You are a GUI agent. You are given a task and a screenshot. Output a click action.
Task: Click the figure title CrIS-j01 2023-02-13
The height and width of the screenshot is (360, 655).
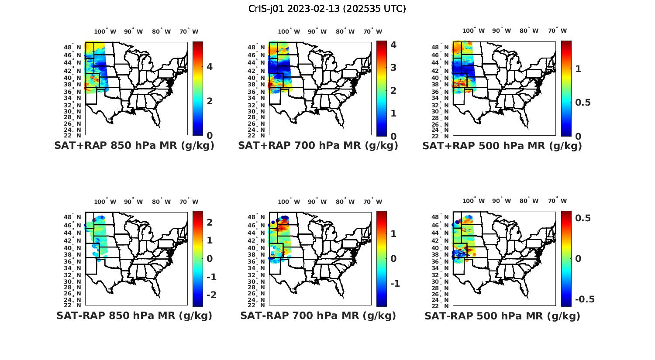(x=327, y=9)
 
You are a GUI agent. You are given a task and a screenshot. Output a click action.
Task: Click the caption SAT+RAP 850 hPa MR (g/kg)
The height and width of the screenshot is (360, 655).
(x=134, y=146)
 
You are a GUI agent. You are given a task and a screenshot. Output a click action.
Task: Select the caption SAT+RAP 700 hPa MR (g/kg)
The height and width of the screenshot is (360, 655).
(x=318, y=146)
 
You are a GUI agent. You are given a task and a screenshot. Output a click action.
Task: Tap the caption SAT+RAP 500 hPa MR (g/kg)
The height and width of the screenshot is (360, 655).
(x=502, y=146)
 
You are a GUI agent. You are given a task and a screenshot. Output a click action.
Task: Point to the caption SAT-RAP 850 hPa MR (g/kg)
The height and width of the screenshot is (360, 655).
(x=134, y=315)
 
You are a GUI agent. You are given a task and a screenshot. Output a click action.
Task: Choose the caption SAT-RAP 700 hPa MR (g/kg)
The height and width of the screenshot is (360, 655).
(x=318, y=315)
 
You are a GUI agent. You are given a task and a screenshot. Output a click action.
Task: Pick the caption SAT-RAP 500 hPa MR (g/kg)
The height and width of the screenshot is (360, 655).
(x=502, y=315)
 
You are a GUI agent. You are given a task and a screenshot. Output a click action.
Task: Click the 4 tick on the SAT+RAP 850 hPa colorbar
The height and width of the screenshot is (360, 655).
(x=210, y=67)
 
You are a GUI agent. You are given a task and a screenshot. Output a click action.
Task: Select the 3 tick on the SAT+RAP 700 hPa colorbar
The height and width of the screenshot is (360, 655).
(x=393, y=68)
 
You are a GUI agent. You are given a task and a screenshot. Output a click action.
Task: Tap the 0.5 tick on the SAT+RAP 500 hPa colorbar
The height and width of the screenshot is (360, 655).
(x=583, y=103)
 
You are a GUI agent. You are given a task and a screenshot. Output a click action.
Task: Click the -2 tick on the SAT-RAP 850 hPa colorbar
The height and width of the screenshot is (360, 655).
(x=211, y=295)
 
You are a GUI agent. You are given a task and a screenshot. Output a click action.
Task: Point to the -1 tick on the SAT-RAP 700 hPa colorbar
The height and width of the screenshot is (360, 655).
(x=395, y=284)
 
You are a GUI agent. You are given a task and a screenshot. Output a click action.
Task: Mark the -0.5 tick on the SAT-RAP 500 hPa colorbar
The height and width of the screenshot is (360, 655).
(x=585, y=299)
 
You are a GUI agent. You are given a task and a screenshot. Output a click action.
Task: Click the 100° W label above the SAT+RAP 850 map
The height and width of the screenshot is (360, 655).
(x=105, y=31)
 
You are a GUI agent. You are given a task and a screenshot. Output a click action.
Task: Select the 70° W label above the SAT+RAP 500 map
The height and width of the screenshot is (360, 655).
(x=558, y=31)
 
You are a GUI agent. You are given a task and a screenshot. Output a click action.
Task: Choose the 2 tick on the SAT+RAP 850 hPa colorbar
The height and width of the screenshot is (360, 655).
(x=210, y=101)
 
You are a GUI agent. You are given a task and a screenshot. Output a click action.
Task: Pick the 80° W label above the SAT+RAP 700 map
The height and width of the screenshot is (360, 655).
(x=345, y=31)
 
